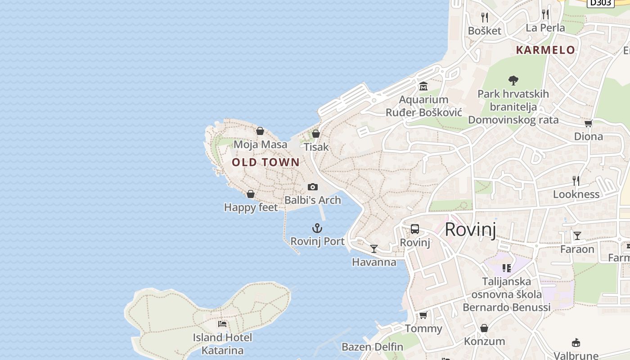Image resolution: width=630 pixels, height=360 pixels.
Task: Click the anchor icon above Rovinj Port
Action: tap(317, 228)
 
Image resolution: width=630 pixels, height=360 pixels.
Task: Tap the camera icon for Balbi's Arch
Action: tap(312, 187)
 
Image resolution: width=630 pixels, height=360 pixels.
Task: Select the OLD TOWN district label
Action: tap(265, 162)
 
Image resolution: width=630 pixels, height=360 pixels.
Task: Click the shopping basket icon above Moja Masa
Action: tap(260, 131)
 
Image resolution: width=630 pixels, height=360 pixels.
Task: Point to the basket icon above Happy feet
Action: tap(251, 194)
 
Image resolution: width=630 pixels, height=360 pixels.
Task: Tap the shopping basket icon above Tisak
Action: tap(316, 134)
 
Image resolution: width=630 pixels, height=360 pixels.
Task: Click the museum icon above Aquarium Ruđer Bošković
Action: tap(423, 86)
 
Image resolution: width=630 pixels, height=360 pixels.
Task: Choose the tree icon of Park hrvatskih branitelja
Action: tap(513, 81)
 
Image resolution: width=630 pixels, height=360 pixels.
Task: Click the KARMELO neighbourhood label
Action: tap(545, 50)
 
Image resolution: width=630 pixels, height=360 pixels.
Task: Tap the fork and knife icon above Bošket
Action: tap(485, 18)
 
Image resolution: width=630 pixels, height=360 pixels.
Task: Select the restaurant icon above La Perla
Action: tap(545, 14)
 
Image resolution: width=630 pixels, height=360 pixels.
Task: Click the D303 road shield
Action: tap(600, 3)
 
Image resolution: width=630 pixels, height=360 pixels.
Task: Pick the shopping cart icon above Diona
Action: tap(588, 123)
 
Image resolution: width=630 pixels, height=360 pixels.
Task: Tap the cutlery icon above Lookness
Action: tap(576, 181)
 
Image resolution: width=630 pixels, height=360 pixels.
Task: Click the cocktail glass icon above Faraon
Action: tap(577, 235)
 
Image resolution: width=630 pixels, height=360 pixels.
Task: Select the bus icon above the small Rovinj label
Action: tap(415, 229)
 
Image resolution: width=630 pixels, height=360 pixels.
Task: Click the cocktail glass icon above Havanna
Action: tap(374, 249)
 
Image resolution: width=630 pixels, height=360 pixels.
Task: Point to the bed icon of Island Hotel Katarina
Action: tap(222, 324)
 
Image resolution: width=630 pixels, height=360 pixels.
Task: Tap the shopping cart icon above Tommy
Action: tap(423, 315)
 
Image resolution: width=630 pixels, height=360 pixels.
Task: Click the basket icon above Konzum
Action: tap(484, 328)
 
